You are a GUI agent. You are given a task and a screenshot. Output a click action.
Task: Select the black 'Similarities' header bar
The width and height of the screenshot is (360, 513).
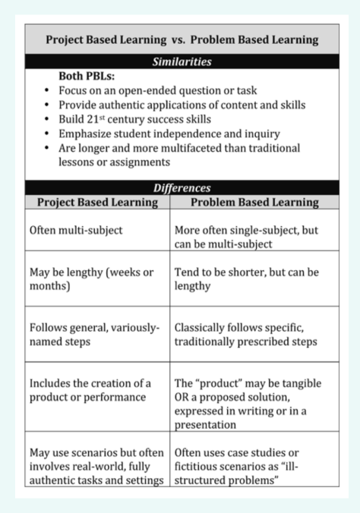(x=181, y=62)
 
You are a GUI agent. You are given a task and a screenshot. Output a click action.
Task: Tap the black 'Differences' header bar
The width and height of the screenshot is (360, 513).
(x=181, y=187)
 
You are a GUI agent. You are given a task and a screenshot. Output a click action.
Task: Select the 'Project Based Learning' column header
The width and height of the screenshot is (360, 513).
(x=97, y=203)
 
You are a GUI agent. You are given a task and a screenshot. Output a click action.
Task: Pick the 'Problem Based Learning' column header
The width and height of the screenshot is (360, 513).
(x=254, y=203)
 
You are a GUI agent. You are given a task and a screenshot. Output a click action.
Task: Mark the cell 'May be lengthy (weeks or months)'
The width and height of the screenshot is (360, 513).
(x=90, y=279)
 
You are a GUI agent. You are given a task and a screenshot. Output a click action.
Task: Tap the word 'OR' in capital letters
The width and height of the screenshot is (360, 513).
(x=183, y=398)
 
